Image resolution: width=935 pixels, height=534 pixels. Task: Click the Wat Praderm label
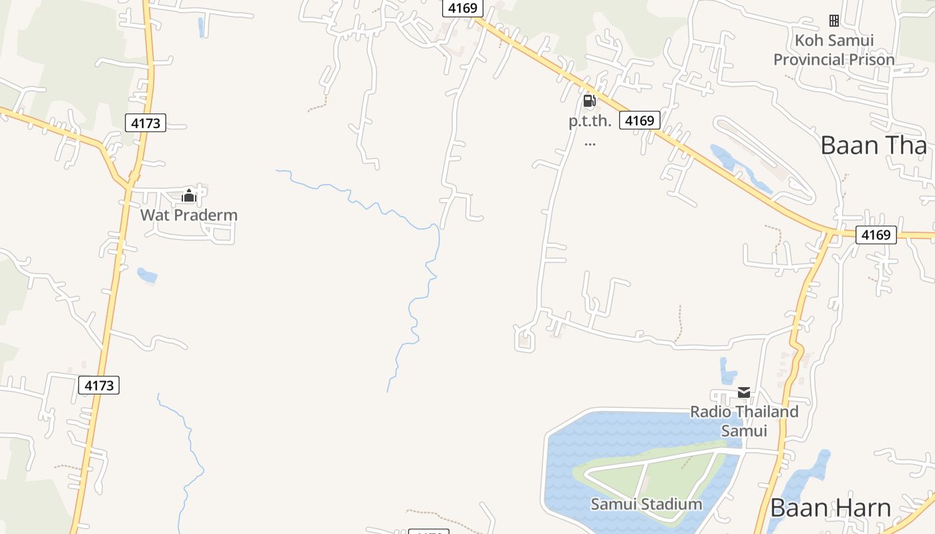click(x=189, y=215)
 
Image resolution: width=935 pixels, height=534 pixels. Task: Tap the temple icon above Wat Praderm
click(x=189, y=196)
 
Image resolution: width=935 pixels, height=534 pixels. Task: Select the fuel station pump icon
click(x=589, y=101)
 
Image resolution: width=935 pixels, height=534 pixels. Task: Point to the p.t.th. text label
click(x=590, y=121)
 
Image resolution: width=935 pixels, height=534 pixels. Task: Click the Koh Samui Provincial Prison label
click(x=834, y=50)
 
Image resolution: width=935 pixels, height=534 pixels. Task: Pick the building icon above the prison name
click(x=834, y=21)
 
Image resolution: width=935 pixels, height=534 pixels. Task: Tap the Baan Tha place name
click(x=874, y=145)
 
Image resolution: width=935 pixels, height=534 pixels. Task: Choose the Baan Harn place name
click(x=830, y=507)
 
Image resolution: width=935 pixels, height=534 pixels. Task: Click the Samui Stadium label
click(x=646, y=504)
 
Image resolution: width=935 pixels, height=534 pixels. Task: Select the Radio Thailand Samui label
click(x=744, y=421)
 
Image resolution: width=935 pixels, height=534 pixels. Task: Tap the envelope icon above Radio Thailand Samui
click(x=744, y=392)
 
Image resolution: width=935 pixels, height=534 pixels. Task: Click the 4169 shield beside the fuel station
click(x=639, y=120)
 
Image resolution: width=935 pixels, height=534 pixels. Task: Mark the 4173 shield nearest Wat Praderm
click(x=146, y=123)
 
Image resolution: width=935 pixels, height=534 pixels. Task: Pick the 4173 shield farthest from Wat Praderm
click(x=99, y=385)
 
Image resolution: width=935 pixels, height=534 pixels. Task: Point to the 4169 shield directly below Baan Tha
click(x=876, y=235)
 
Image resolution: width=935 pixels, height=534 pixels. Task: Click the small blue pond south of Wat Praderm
click(x=147, y=274)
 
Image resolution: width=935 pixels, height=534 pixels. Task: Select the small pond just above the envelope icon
click(x=727, y=371)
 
